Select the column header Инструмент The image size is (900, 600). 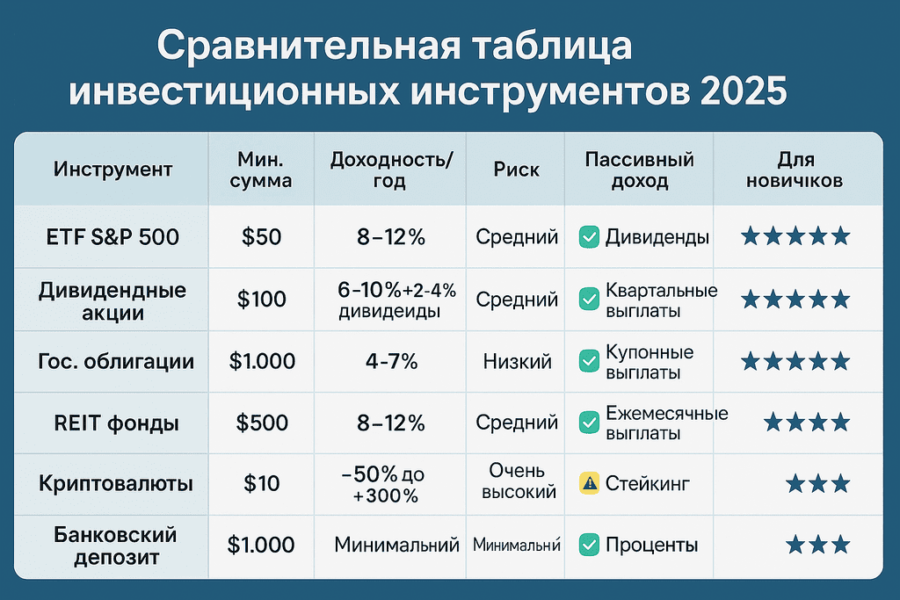click(112, 169)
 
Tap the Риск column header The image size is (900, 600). click(517, 169)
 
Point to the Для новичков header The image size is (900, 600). click(796, 170)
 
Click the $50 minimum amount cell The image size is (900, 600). click(261, 236)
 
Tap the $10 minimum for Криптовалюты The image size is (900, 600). click(261, 483)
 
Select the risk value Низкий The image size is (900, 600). click(517, 361)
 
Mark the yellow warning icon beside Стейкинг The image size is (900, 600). click(589, 482)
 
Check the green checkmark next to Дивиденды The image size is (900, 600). click(589, 236)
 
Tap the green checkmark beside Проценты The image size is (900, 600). click(589, 545)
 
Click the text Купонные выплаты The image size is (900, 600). click(650, 362)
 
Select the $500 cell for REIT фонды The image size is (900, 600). click(261, 423)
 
